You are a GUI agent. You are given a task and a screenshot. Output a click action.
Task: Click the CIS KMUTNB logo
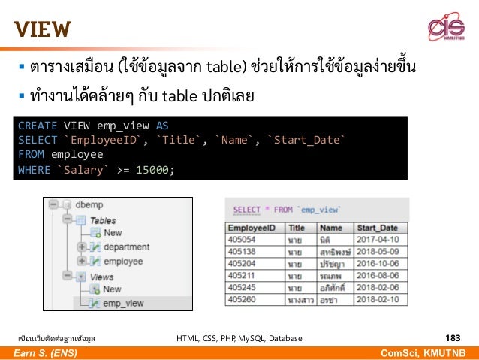tap(446, 29)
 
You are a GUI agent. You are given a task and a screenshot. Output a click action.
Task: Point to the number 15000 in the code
tap(153, 169)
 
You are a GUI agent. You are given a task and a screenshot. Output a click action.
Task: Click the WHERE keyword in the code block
tap(33, 169)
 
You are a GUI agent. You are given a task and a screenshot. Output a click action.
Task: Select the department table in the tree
tap(125, 247)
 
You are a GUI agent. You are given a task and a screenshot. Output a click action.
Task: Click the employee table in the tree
tap(122, 261)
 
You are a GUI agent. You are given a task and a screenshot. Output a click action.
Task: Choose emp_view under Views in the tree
tap(123, 303)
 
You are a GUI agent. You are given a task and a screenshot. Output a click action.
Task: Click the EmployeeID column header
tap(252, 228)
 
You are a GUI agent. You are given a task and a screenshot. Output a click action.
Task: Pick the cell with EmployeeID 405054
tap(243, 240)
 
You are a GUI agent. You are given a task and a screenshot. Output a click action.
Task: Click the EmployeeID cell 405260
tap(243, 298)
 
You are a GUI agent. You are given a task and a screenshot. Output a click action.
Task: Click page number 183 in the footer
tap(452, 338)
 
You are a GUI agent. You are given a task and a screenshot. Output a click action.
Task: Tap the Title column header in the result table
tap(297, 228)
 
